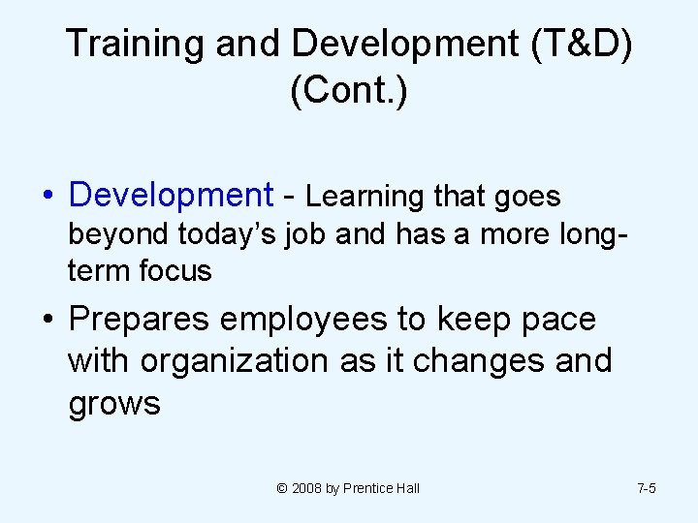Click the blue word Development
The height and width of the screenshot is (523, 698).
[172, 196]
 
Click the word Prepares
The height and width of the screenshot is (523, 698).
[145, 320]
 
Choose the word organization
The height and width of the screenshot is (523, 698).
[235, 361]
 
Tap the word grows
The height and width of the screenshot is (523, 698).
[113, 403]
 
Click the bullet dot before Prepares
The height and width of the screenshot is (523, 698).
[48, 319]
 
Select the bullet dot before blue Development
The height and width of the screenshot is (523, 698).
[48, 196]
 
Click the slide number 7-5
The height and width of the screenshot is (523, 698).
[647, 488]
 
